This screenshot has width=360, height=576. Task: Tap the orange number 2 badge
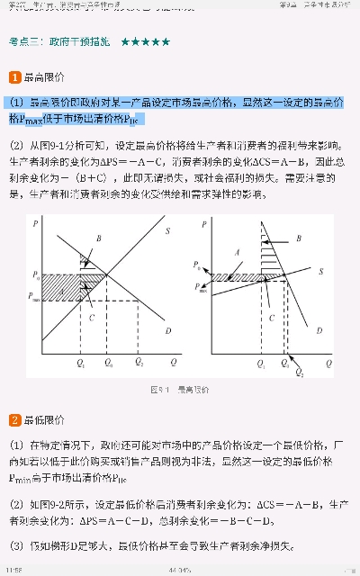tap(14, 419)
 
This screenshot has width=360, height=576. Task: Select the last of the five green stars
tap(166, 41)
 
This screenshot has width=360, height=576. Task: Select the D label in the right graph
tap(320, 331)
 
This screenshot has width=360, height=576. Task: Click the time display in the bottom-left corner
tap(13, 570)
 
